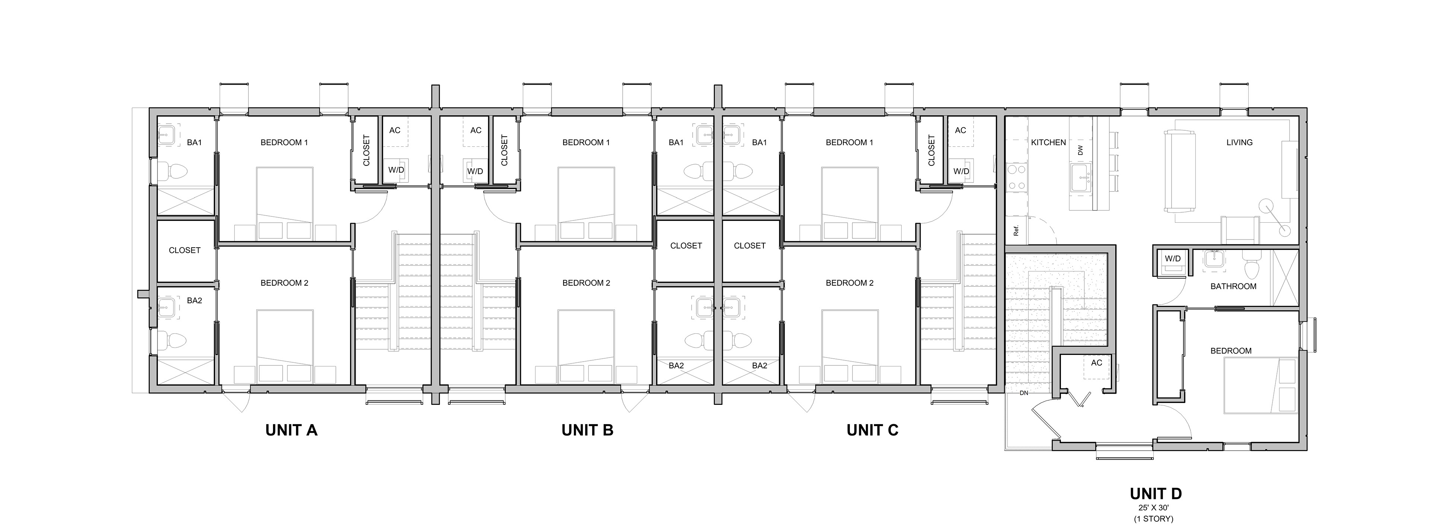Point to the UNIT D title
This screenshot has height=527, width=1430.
(1156, 494)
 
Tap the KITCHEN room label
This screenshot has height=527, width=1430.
(1048, 142)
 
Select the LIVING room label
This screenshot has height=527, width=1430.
(1239, 142)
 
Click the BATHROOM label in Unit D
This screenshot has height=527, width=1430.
(1233, 286)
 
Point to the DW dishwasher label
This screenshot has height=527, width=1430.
(1080, 150)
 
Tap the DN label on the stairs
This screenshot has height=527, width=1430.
(1024, 393)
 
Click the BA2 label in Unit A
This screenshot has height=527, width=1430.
(194, 301)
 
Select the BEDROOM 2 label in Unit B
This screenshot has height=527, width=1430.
(586, 283)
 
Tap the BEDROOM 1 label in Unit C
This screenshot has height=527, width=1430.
(849, 142)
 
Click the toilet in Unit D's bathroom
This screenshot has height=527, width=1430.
(1251, 267)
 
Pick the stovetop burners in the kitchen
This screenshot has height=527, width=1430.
(1015, 178)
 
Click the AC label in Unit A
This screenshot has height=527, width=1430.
(395, 130)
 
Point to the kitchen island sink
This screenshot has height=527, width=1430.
(1080, 178)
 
